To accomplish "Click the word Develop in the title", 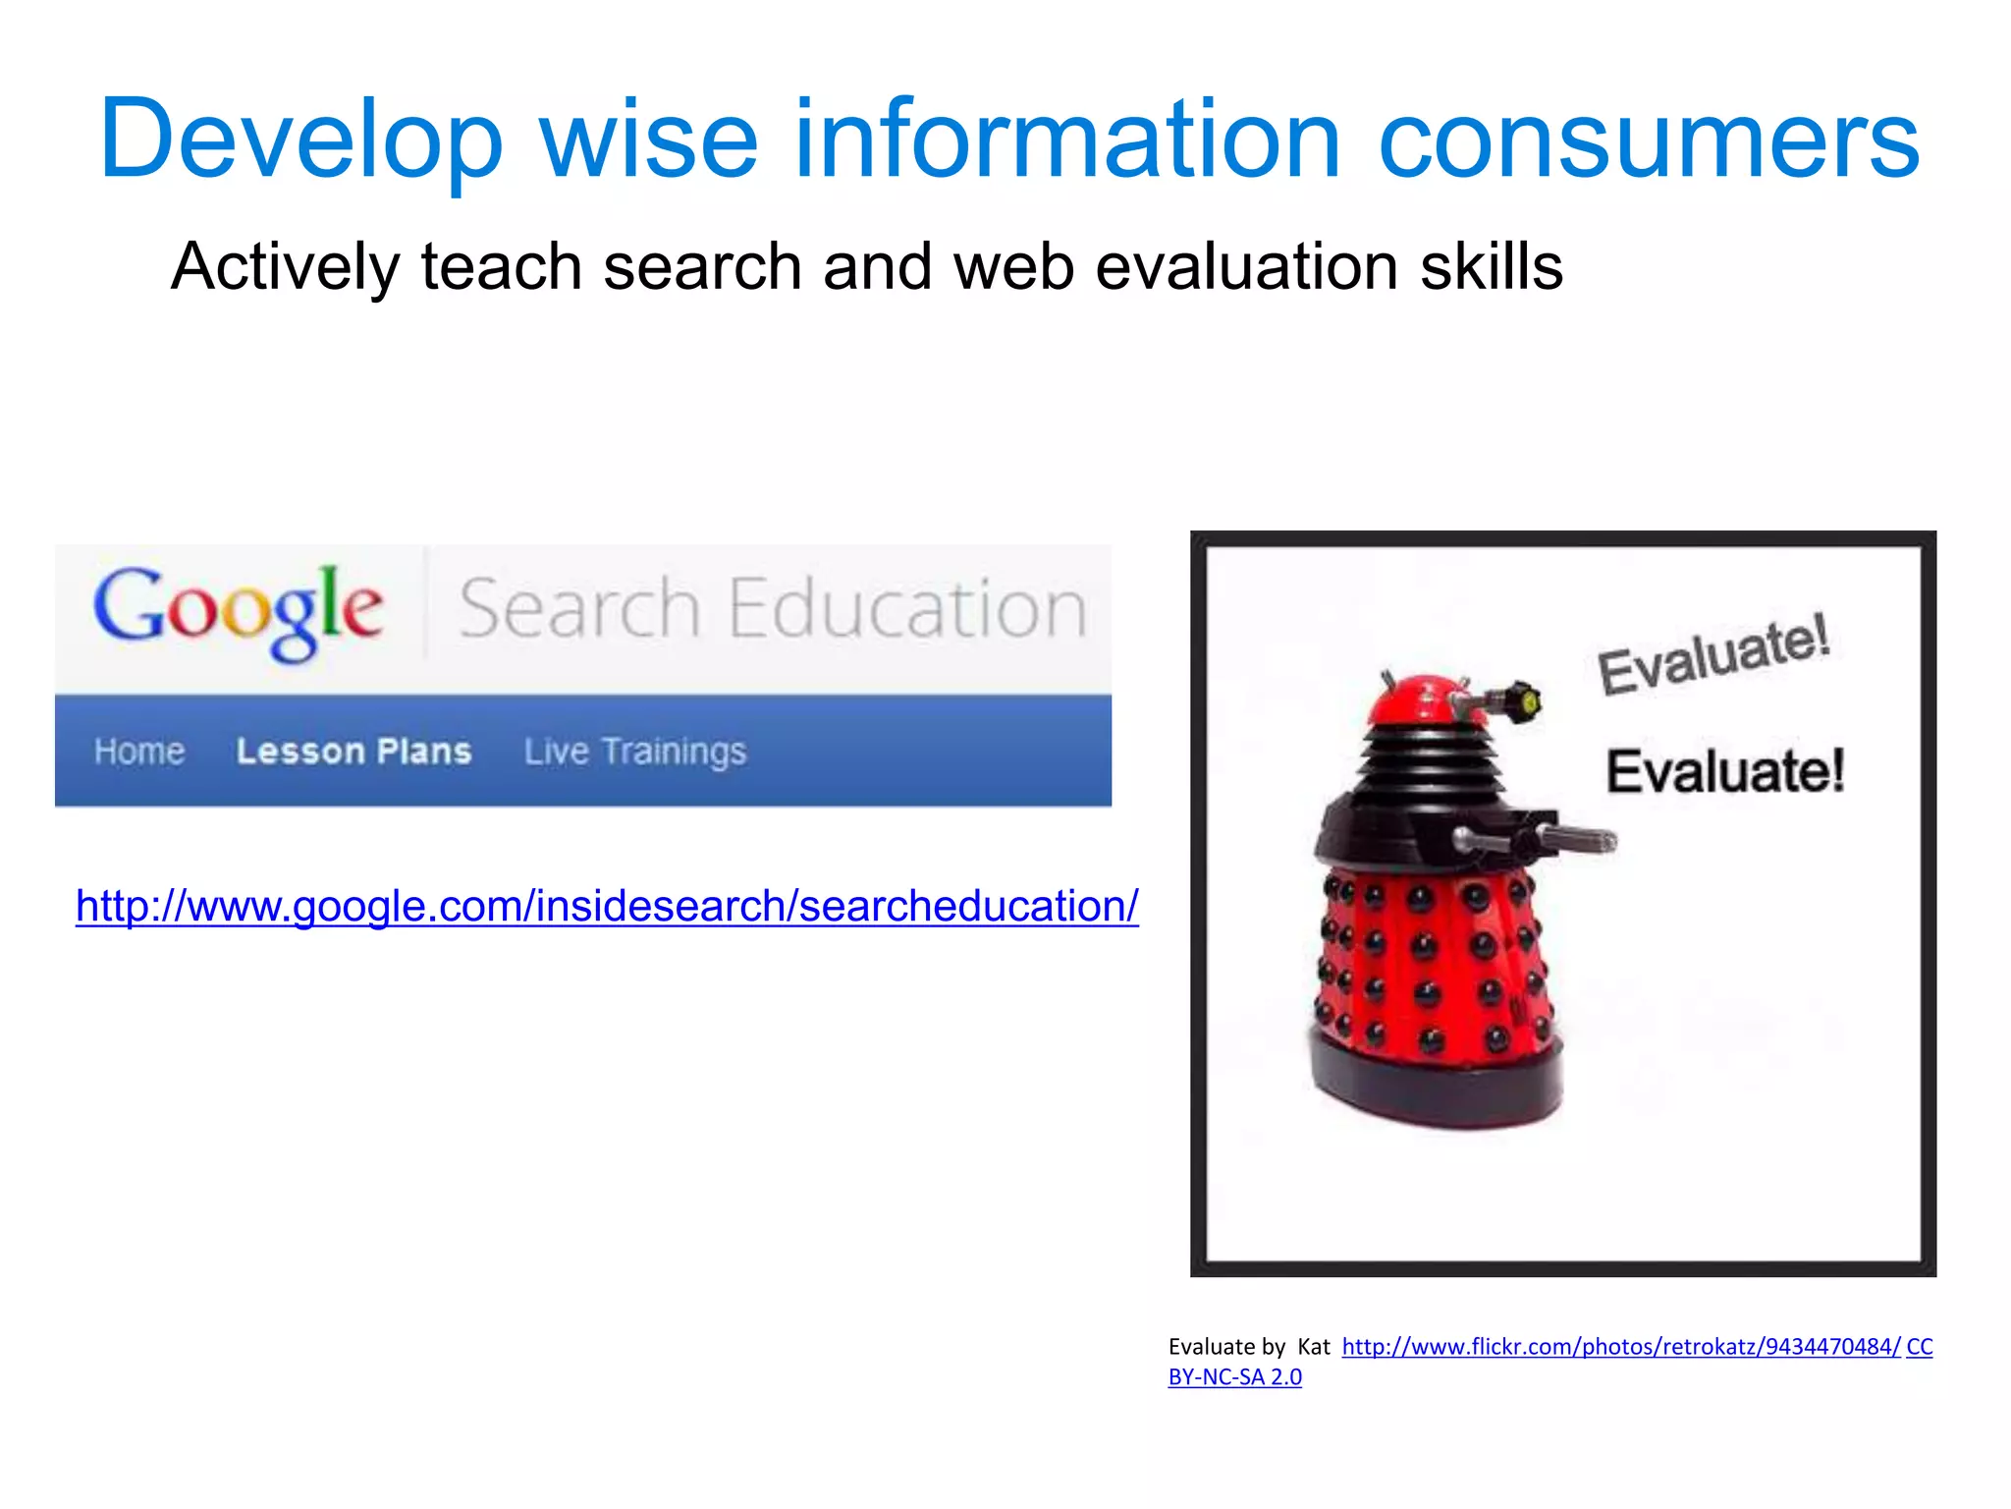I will pyautogui.click(x=300, y=140).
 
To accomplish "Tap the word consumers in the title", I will pyautogui.click(x=1649, y=140).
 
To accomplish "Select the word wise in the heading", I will pyautogui.click(x=648, y=140).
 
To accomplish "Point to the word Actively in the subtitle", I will pyautogui.click(x=286, y=267).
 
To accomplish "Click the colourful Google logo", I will pyautogui.click(x=239, y=611).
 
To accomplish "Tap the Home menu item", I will pyautogui.click(x=139, y=752).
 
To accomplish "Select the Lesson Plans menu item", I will pyautogui.click(x=353, y=752).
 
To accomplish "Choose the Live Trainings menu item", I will pyautogui.click(x=634, y=752).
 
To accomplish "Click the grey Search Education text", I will pyautogui.click(x=773, y=609).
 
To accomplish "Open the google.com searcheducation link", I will pyautogui.click(x=607, y=906).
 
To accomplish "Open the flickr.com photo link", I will pyautogui.click(x=1620, y=1347).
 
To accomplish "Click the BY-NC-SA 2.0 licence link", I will pyautogui.click(x=1234, y=1377).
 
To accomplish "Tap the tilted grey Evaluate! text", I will pyautogui.click(x=1713, y=653).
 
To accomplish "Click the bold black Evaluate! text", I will pyautogui.click(x=1725, y=771).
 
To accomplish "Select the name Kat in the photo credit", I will pyautogui.click(x=1313, y=1347).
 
